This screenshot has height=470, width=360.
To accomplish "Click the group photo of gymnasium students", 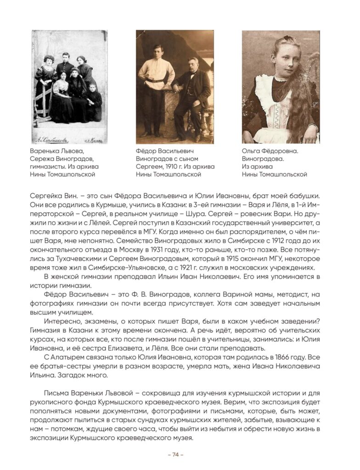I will click(69, 87).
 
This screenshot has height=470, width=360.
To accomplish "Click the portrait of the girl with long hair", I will click(281, 87).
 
